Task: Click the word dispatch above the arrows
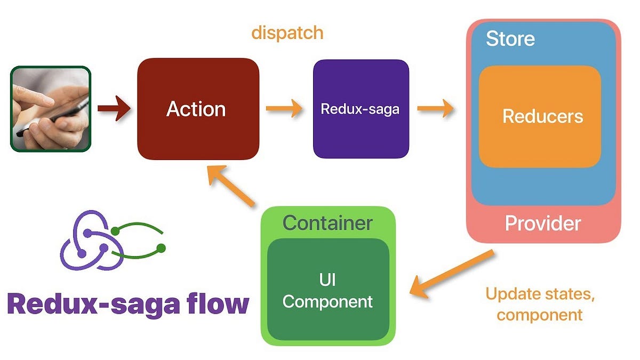(287, 33)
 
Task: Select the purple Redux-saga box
(361, 109)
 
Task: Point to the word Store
(510, 38)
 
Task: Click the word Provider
(543, 223)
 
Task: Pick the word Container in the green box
(327, 222)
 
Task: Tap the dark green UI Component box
(327, 291)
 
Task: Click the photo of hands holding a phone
(51, 109)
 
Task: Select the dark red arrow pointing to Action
(114, 109)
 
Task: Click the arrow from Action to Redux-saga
(284, 109)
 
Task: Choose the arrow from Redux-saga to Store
(435, 109)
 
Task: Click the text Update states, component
(539, 304)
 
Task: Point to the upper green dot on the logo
(115, 230)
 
